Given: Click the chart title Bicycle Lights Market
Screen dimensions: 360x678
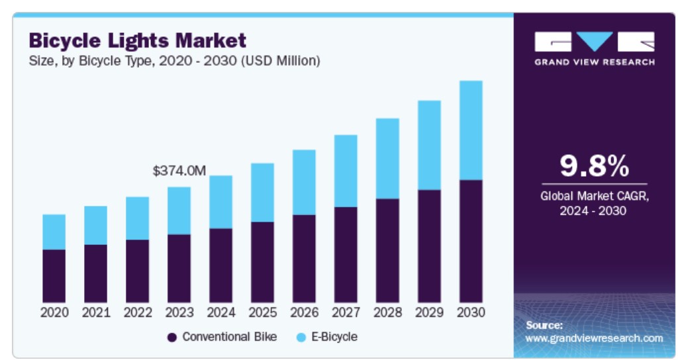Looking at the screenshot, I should click(x=138, y=40).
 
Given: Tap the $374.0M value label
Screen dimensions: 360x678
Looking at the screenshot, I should click(x=179, y=171).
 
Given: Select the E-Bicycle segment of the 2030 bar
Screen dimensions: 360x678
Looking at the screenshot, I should click(x=470, y=130).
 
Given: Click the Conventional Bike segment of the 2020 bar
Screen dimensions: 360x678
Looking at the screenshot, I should click(x=54, y=276).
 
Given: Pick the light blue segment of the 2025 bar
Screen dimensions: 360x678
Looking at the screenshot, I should click(x=262, y=192).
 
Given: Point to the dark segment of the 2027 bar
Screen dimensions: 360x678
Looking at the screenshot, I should click(x=346, y=255).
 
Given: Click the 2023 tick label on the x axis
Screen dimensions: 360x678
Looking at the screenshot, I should click(x=179, y=312).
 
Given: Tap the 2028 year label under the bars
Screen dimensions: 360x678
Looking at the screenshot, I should click(x=387, y=312).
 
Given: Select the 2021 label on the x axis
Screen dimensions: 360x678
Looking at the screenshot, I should click(x=95, y=312).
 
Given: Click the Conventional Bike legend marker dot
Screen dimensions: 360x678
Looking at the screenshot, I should click(x=172, y=337).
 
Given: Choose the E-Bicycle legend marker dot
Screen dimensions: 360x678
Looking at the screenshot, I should click(x=301, y=337).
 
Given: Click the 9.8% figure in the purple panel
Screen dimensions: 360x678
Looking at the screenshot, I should click(x=594, y=167).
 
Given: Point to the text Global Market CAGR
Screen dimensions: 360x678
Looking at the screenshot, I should click(x=594, y=196).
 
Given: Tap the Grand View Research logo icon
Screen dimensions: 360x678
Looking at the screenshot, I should click(x=594, y=42).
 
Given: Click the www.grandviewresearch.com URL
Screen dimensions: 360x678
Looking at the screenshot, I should click(x=594, y=338).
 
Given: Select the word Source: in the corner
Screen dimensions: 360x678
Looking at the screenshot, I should click(x=544, y=325).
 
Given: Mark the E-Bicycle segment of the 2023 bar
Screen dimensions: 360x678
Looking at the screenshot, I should click(x=179, y=210).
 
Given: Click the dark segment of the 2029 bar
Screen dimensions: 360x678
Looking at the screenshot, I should click(x=429, y=246).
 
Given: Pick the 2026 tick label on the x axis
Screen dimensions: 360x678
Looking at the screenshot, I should click(x=304, y=312).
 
